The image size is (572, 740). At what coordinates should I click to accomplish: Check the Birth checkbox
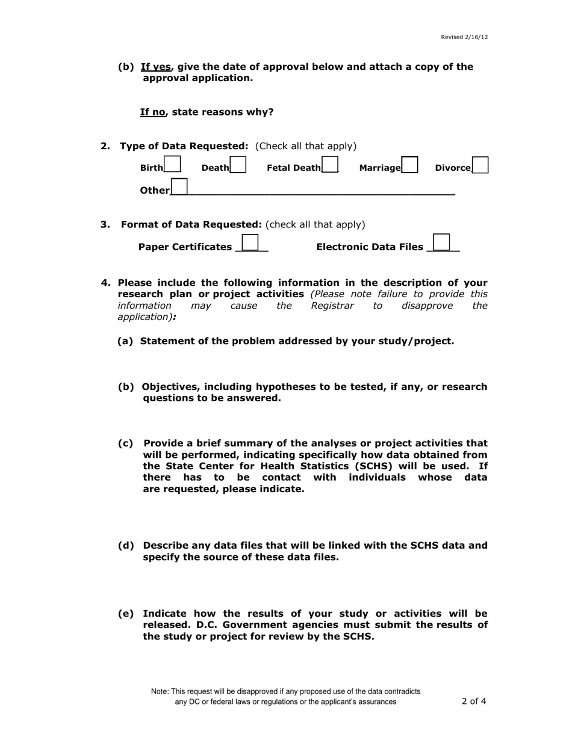click(x=172, y=164)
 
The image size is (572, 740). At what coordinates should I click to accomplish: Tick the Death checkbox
click(x=238, y=164)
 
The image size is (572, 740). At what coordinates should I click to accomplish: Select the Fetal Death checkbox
click(x=330, y=164)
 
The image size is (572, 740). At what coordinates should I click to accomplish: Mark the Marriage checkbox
click(x=410, y=164)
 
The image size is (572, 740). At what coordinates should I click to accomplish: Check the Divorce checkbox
click(x=480, y=164)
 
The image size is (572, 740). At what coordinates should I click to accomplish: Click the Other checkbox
click(x=179, y=187)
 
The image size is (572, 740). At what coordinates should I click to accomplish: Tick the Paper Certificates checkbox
click(x=250, y=242)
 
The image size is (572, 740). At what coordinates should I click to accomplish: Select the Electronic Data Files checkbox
click(x=441, y=242)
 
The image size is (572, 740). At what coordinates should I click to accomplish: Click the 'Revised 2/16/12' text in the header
click(x=464, y=37)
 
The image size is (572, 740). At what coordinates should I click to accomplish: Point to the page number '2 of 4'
click(x=474, y=701)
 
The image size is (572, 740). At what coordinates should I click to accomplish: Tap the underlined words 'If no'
click(x=153, y=112)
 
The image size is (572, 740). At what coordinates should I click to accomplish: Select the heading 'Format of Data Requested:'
click(x=191, y=224)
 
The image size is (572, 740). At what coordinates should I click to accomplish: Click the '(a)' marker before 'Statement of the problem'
click(x=125, y=341)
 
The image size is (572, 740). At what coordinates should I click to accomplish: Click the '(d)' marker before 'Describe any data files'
click(x=126, y=546)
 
